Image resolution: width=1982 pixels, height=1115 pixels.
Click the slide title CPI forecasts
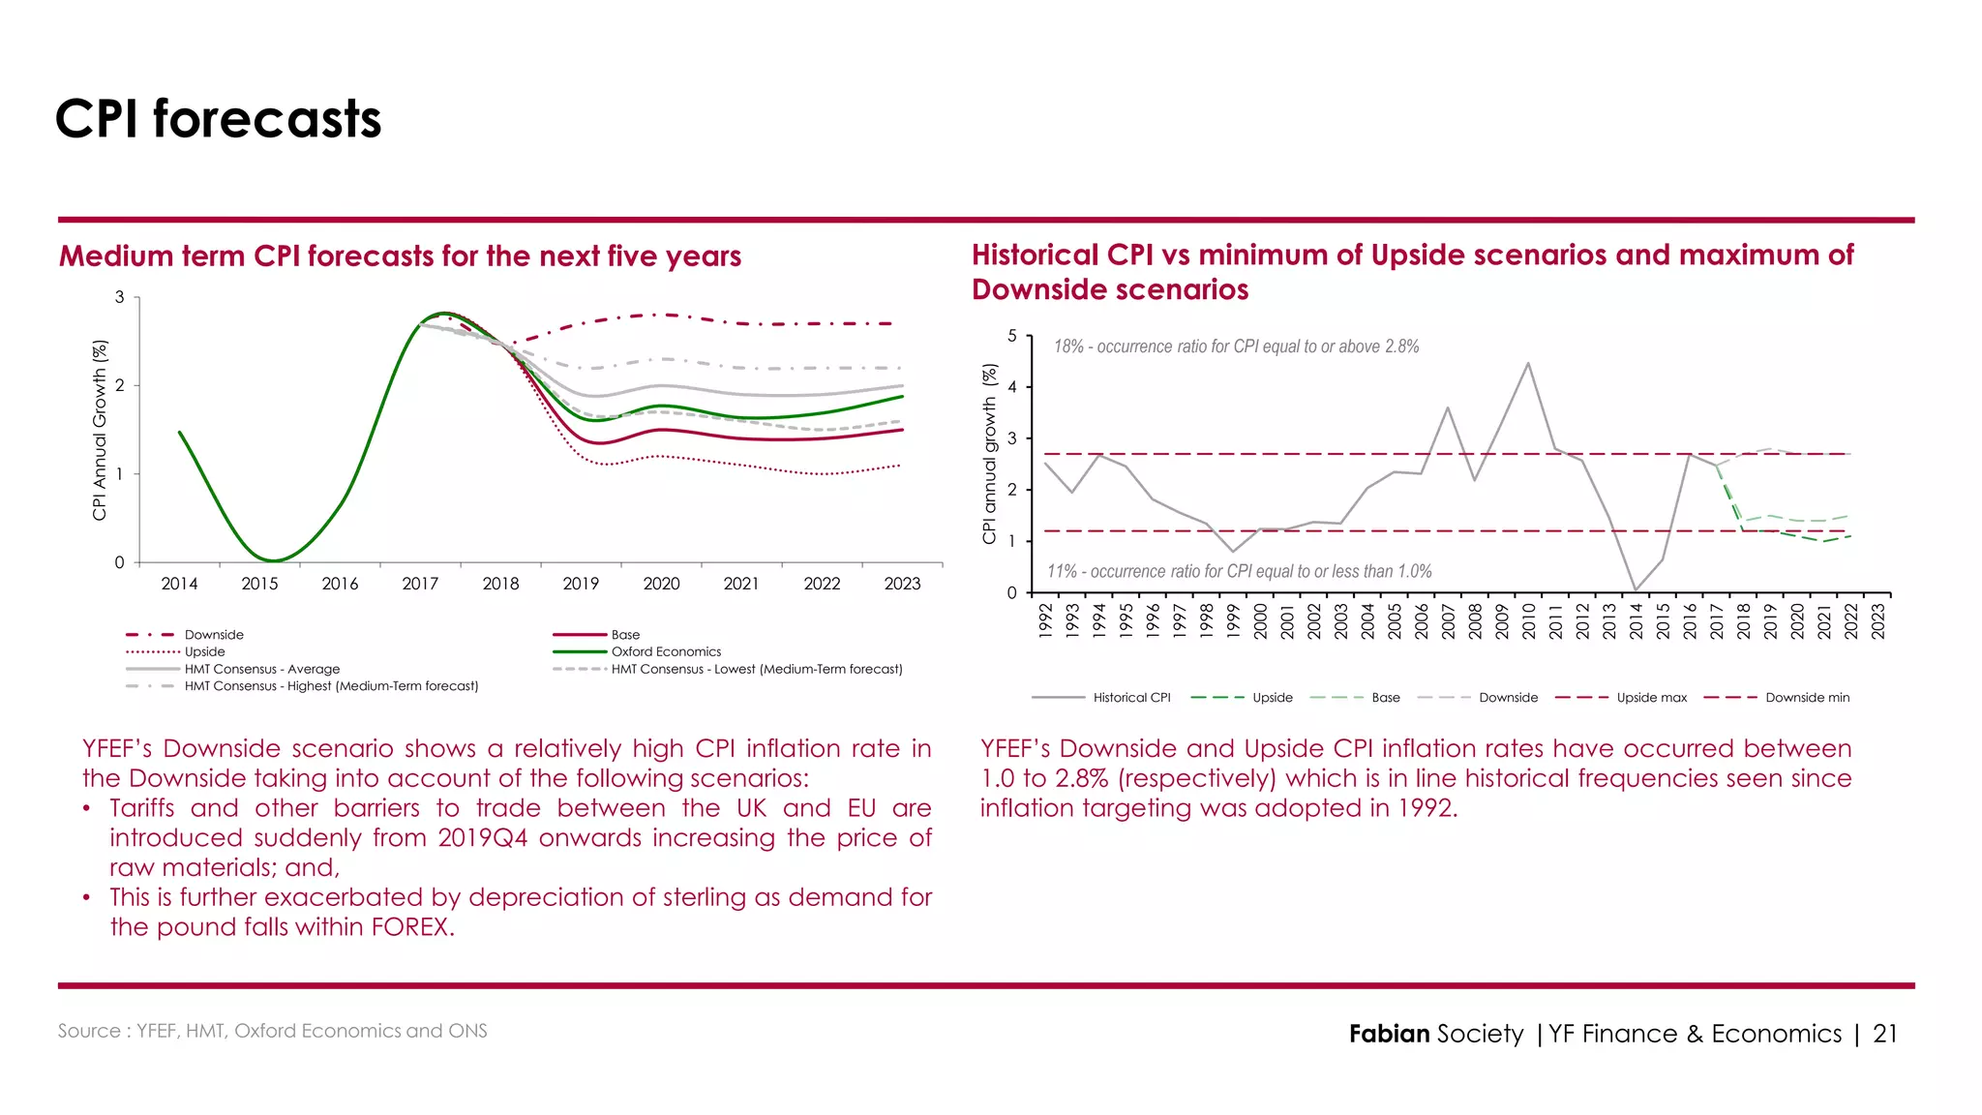[x=218, y=119]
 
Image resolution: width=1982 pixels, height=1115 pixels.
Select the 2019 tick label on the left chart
[x=581, y=584]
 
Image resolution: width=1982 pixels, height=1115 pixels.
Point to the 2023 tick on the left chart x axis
[x=902, y=584]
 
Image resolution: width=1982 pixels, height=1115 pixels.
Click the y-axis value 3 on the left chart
[x=120, y=297]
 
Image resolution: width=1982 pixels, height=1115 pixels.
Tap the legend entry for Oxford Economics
[x=666, y=651]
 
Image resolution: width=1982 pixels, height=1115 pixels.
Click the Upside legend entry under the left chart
[x=204, y=651]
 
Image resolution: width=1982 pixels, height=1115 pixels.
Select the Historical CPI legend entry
[x=1131, y=697]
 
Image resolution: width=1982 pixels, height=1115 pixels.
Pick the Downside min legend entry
[x=1807, y=697]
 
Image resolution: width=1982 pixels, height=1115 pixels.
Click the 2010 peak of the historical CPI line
[x=1528, y=363]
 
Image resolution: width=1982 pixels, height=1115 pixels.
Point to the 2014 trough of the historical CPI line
[x=1636, y=590]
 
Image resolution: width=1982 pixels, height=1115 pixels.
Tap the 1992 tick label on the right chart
[x=1045, y=620]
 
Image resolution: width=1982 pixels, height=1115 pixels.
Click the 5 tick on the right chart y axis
[x=1012, y=336]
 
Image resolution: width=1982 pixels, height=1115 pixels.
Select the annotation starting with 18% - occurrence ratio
[x=1236, y=347]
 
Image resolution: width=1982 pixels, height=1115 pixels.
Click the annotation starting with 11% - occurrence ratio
[x=1239, y=571]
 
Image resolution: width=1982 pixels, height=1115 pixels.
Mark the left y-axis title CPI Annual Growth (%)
[x=99, y=430]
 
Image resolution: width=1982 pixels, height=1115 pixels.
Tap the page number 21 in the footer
[x=1885, y=1034]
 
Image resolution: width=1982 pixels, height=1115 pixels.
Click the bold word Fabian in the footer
[x=1389, y=1034]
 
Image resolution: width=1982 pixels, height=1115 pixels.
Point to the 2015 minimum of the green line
[x=274, y=560]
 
